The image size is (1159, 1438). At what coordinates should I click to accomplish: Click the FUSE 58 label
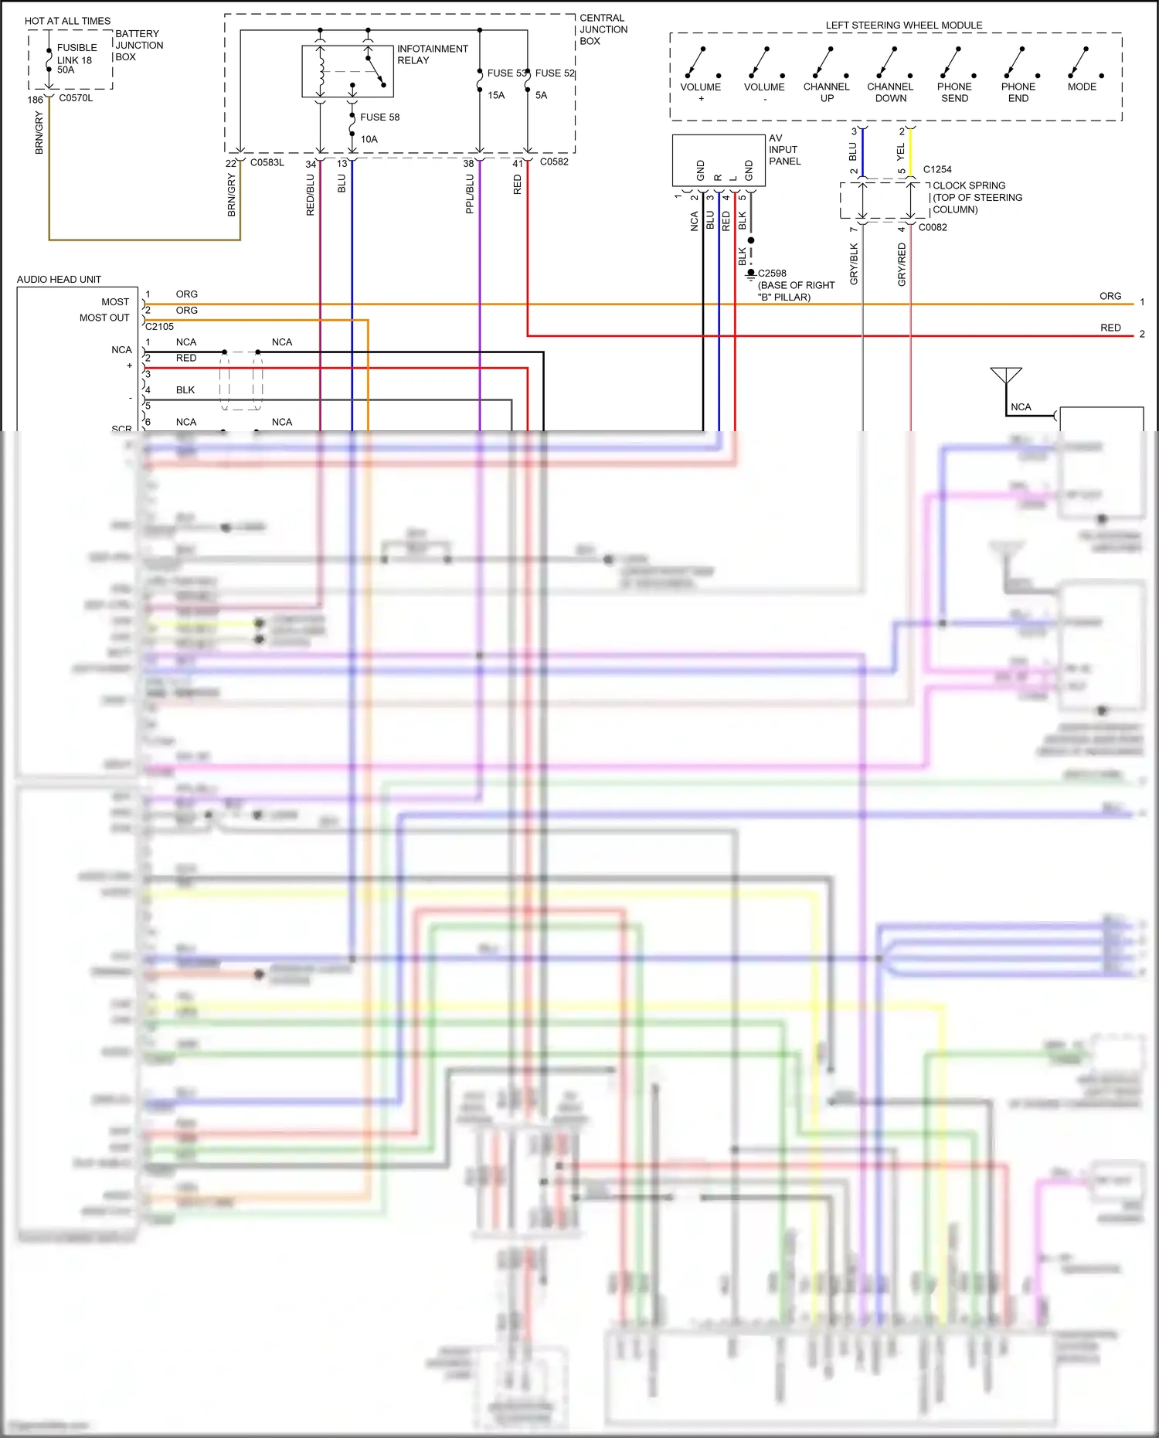pos(379,117)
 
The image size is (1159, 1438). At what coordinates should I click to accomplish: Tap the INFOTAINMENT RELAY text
pos(431,54)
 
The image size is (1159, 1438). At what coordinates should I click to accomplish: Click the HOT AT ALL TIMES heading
pos(67,21)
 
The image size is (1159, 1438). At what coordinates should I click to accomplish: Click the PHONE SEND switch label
pos(954,93)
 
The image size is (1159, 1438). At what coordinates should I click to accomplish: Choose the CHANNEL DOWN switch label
pos(890,93)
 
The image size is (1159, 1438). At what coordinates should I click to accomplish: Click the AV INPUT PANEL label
pos(784,150)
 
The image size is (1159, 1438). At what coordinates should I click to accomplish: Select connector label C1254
pos(937,169)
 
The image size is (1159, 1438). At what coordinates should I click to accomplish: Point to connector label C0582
pos(554,162)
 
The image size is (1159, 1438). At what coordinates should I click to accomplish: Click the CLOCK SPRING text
pos(969,185)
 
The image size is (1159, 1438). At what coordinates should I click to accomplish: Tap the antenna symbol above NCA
pos(1006,376)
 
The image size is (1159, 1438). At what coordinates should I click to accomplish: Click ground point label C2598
pos(772,274)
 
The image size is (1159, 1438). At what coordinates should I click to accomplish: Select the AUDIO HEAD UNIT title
pos(59,280)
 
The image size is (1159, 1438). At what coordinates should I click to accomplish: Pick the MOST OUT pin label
pos(104,318)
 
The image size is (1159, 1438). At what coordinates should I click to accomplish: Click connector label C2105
pos(159,327)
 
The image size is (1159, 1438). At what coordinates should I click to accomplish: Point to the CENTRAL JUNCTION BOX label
pos(603,29)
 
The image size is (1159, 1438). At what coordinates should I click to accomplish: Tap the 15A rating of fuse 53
pos(496,96)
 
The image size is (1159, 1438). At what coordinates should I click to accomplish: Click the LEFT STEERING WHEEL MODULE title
pos(904,25)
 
